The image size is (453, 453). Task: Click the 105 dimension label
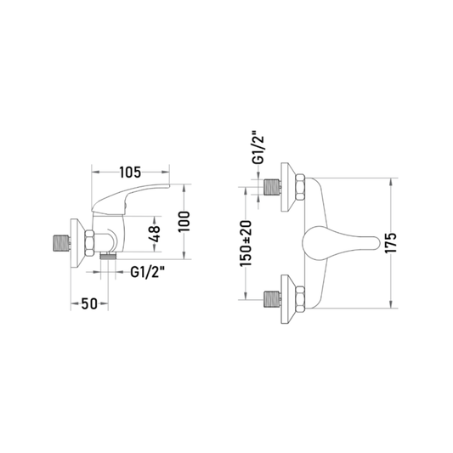(x=130, y=173)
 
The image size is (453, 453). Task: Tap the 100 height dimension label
(x=184, y=221)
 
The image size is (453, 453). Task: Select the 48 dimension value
(x=155, y=234)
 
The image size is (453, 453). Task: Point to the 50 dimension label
(x=89, y=303)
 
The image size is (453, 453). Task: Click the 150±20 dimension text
(x=246, y=243)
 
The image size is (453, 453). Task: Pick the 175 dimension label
(x=391, y=243)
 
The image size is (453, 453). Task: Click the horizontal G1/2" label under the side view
(x=148, y=272)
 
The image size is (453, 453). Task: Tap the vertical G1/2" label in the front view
(x=258, y=148)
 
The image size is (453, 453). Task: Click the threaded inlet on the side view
(x=61, y=243)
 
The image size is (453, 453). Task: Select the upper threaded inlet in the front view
(x=272, y=187)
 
